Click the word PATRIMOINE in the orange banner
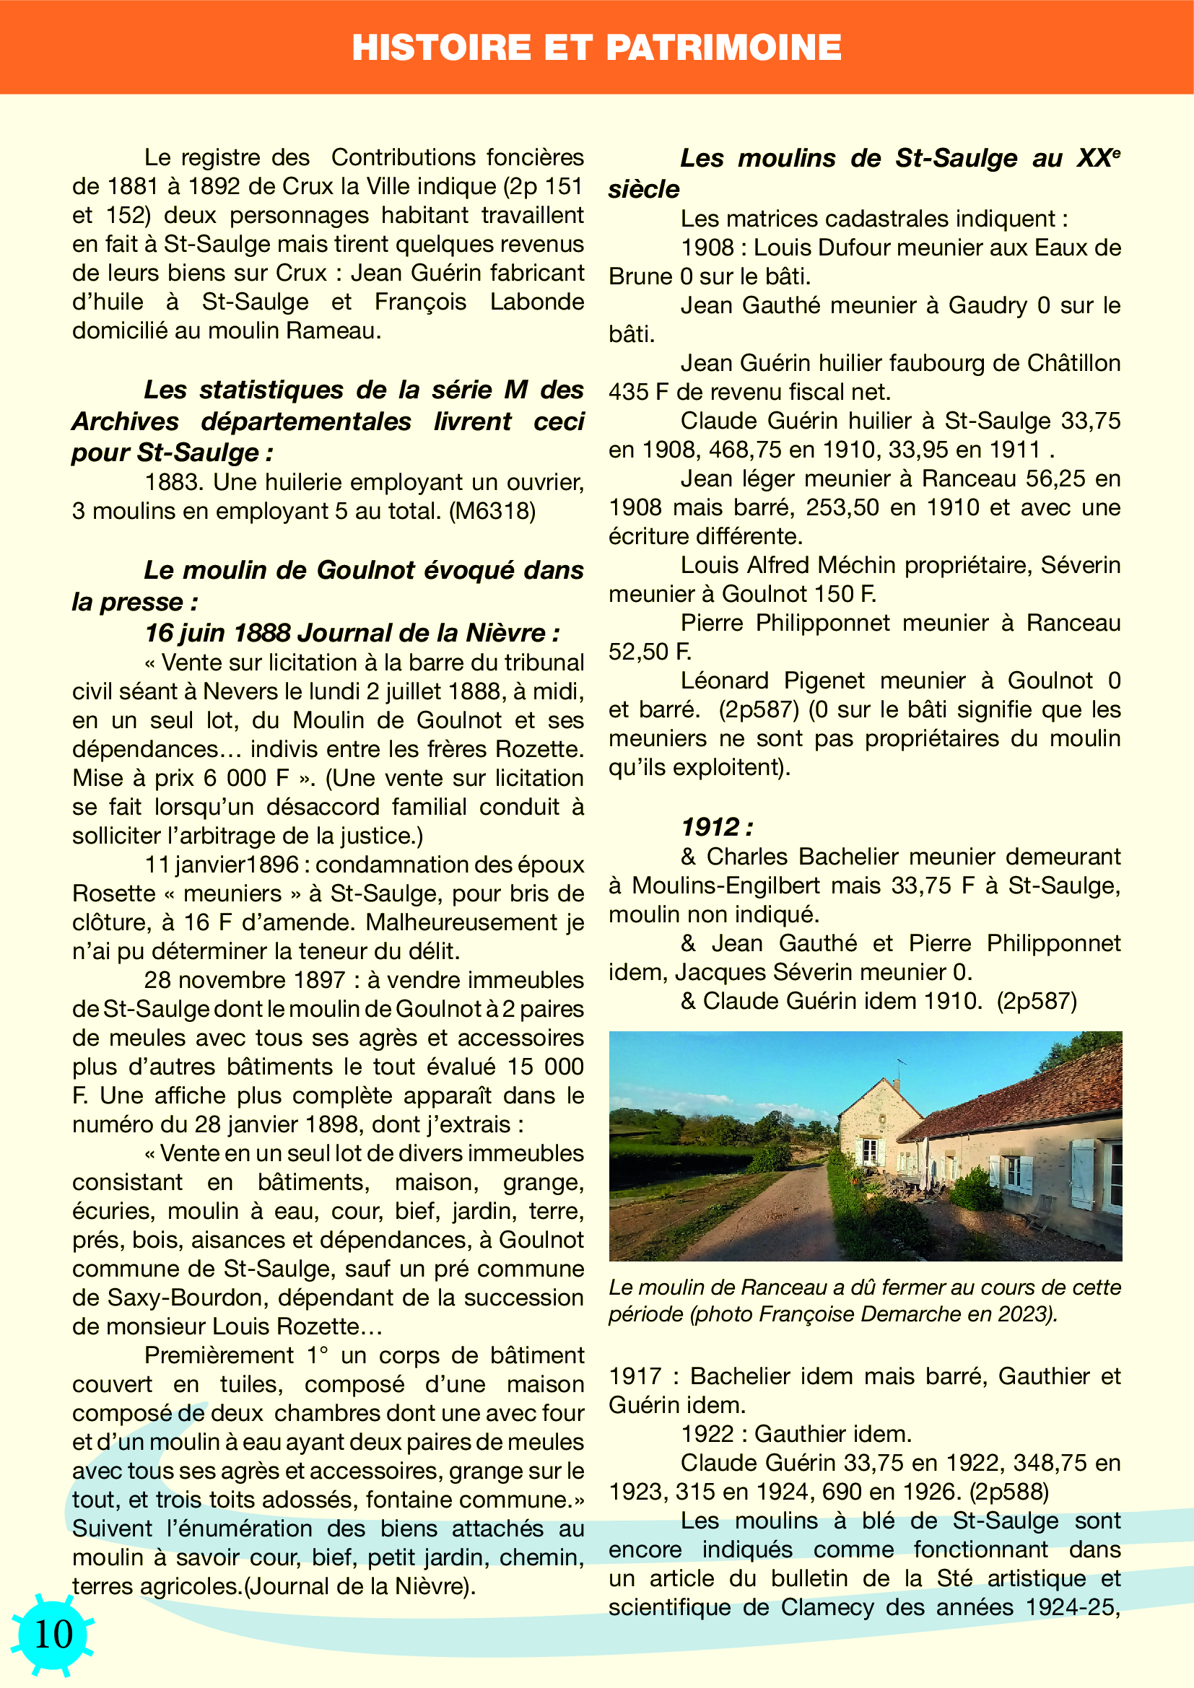(723, 48)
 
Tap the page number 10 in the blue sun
(53, 1634)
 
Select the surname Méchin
(857, 565)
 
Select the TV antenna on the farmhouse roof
(899, 1067)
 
